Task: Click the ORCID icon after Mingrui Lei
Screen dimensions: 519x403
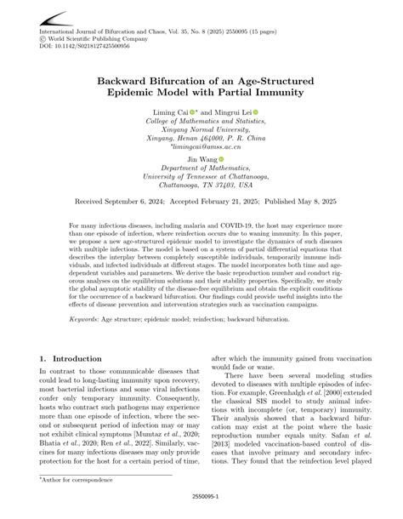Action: [255, 111]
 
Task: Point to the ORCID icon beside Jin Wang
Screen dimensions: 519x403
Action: [221, 158]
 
